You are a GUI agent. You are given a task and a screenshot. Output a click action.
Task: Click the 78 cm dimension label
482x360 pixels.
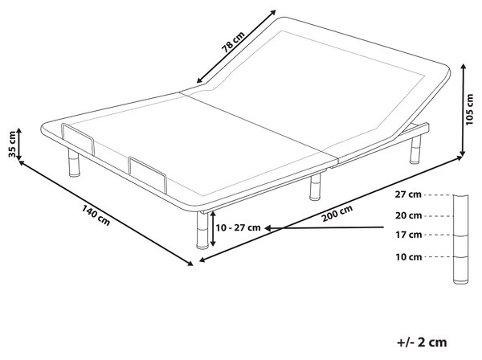coord(233,42)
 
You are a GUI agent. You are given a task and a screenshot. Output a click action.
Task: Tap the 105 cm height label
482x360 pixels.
coord(469,110)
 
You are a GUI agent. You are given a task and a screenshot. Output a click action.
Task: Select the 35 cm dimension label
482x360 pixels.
coord(12,144)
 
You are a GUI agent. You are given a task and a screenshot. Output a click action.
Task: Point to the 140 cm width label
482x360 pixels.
coord(96,215)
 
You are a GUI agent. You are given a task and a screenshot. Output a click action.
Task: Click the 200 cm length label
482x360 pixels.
coord(337,214)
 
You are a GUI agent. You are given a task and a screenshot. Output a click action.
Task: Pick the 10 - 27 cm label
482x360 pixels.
coord(239,227)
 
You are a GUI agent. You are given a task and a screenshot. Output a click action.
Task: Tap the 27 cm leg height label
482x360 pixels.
coord(408,194)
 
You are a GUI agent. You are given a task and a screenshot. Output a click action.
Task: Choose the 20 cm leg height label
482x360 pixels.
coord(408,216)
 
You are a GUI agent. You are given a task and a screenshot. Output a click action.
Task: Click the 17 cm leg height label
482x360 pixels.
coord(408,235)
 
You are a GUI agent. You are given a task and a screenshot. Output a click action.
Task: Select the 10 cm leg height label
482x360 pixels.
coord(408,256)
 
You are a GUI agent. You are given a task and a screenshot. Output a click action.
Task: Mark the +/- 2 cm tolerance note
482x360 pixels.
coord(422,342)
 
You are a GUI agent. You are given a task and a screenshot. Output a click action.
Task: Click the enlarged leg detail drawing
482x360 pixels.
coord(461,239)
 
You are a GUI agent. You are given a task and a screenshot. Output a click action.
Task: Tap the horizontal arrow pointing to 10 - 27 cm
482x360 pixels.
coord(325,227)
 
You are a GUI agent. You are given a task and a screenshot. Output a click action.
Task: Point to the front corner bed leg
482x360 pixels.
coord(202,230)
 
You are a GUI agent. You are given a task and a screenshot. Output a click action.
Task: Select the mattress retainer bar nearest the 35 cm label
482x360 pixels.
coord(78,139)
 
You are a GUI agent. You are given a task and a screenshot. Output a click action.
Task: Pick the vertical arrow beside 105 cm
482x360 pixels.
coord(464,110)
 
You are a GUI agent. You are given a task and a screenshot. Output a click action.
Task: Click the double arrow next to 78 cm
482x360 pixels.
coord(236,47)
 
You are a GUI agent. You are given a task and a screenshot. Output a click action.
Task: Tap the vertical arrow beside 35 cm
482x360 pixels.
coord(19,144)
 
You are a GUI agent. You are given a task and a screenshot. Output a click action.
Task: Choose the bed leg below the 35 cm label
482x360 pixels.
coord(74,162)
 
